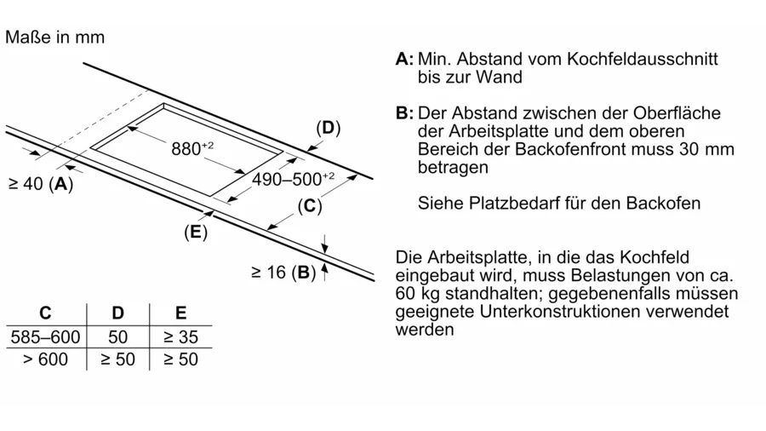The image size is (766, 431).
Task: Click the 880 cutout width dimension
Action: (x=192, y=148)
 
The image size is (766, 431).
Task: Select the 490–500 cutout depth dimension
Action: (x=293, y=179)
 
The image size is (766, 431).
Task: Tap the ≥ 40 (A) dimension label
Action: (x=41, y=184)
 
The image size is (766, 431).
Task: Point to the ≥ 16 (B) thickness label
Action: (x=283, y=273)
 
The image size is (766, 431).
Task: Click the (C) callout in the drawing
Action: (x=310, y=206)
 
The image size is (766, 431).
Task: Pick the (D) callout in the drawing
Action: (x=329, y=128)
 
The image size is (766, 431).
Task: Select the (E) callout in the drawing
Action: (x=196, y=232)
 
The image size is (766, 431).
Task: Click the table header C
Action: (x=45, y=313)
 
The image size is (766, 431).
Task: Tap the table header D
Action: (x=117, y=313)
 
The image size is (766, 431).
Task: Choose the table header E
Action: (x=180, y=313)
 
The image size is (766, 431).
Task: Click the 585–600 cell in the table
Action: (x=45, y=336)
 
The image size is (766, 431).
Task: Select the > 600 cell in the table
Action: (x=45, y=359)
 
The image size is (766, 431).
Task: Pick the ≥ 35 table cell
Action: (x=180, y=336)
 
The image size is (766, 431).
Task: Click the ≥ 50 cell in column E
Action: (x=180, y=359)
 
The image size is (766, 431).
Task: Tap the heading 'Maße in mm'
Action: (x=54, y=37)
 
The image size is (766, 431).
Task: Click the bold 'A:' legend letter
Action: (x=404, y=59)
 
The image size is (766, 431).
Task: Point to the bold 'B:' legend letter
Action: (x=404, y=113)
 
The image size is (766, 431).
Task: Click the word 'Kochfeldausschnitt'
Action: (x=643, y=59)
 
